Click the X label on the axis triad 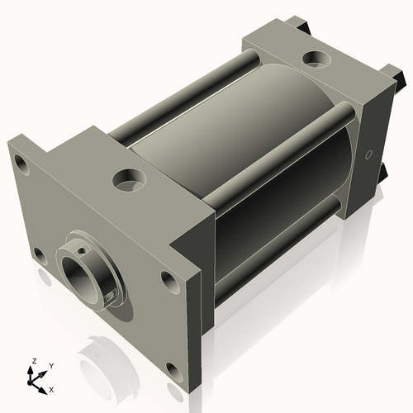(52, 387)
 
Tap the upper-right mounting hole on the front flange (169, 282)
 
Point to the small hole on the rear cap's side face (368, 154)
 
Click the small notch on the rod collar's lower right (112, 293)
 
